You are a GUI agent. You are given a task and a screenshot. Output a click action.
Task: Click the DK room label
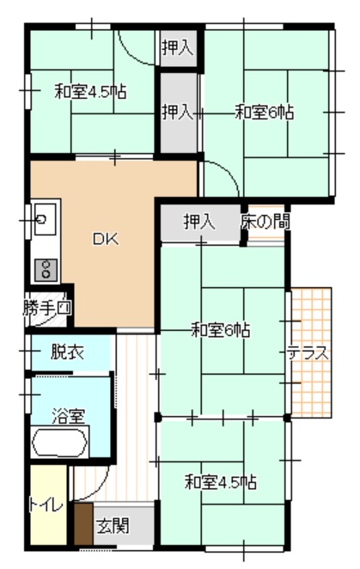tap(106, 239)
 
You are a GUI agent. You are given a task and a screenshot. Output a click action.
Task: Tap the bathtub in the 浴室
tap(60, 443)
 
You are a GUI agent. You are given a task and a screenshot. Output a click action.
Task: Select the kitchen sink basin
tap(45, 219)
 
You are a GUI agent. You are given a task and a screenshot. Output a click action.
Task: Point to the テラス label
tap(308, 353)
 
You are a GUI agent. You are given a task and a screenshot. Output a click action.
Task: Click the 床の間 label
tap(265, 222)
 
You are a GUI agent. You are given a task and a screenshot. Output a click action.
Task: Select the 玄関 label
tap(113, 525)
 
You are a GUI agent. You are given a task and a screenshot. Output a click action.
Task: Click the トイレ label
tap(46, 505)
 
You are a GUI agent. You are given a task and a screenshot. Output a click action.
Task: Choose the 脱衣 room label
tap(67, 352)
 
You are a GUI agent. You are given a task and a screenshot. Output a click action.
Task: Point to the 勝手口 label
tap(47, 309)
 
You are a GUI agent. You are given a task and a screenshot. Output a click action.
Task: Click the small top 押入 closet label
tap(177, 47)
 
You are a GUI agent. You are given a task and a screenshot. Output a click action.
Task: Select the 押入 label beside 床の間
tap(199, 222)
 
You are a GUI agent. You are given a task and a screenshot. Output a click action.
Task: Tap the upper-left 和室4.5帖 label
tap(90, 92)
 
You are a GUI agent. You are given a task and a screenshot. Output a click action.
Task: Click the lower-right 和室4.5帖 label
tap(221, 483)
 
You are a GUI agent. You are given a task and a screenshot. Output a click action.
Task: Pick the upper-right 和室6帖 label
tap(264, 112)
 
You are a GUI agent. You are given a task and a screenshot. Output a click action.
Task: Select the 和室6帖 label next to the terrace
tap(220, 331)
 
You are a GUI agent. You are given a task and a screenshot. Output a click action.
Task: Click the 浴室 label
tap(68, 416)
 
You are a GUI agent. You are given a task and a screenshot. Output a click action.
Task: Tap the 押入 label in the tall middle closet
tap(177, 112)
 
